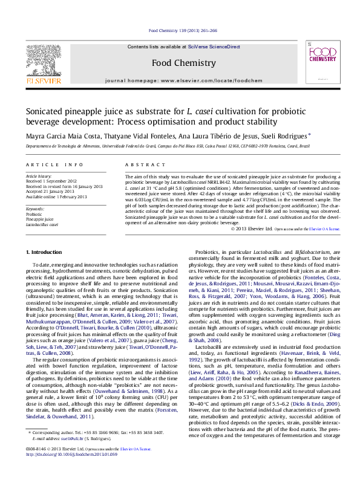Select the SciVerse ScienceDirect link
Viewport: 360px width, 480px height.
214,47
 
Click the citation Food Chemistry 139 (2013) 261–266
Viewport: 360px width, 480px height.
183,30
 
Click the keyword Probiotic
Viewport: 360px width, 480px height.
34,214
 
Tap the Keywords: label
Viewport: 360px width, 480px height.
36,209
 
